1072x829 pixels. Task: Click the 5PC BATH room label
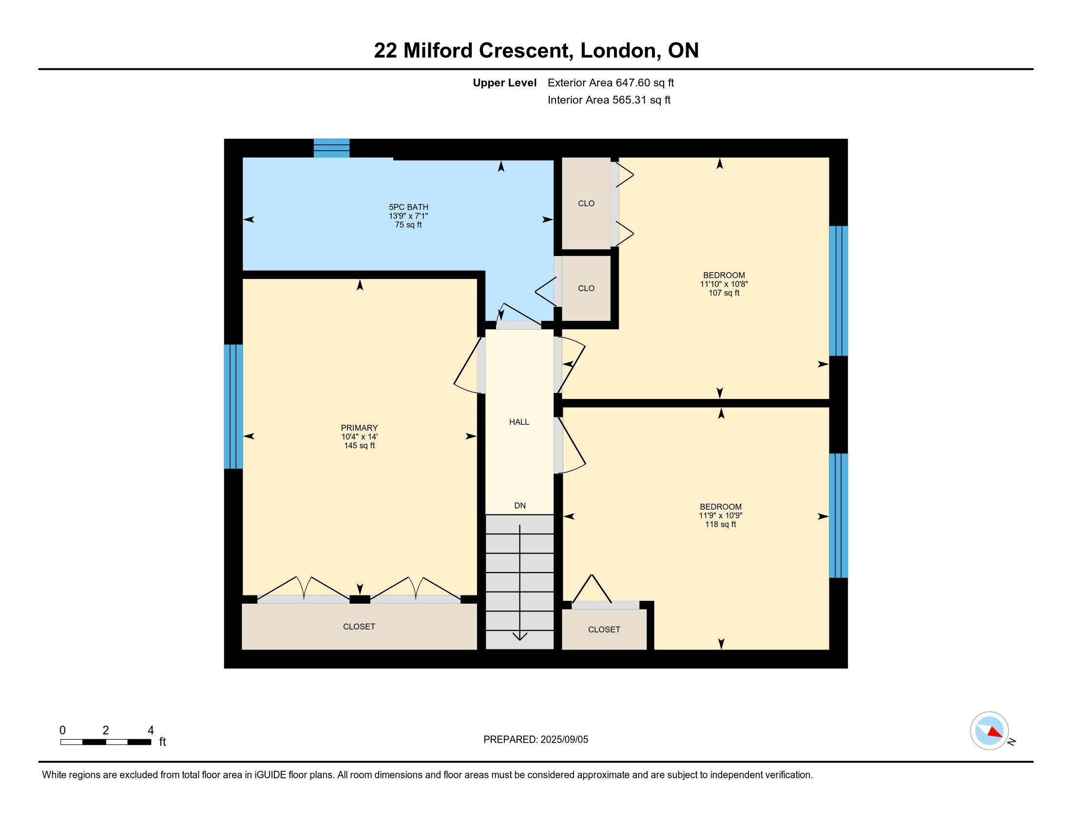(x=408, y=207)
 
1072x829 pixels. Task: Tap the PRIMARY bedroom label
(x=359, y=428)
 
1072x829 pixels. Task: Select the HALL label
(x=519, y=422)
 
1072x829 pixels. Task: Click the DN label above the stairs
(x=520, y=505)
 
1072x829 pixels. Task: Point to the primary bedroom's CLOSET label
(x=359, y=627)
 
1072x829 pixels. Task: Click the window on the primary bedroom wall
(x=233, y=407)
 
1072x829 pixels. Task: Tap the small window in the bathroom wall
(x=332, y=148)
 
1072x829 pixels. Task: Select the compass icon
(x=990, y=730)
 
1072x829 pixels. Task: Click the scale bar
(x=106, y=742)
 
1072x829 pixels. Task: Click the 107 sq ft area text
(x=724, y=293)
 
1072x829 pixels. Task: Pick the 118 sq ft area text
(x=721, y=525)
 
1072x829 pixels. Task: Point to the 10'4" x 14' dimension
(x=359, y=436)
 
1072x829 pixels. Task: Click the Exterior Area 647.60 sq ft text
(x=611, y=83)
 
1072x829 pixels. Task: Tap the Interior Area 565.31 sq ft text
(x=609, y=100)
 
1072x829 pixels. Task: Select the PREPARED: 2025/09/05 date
(x=536, y=740)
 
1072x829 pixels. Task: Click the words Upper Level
(x=505, y=83)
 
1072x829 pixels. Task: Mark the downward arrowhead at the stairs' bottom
(x=520, y=636)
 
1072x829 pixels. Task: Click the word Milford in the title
(x=439, y=51)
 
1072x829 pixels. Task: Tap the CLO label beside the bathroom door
(x=586, y=288)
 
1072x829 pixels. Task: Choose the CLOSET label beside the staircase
(x=604, y=630)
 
